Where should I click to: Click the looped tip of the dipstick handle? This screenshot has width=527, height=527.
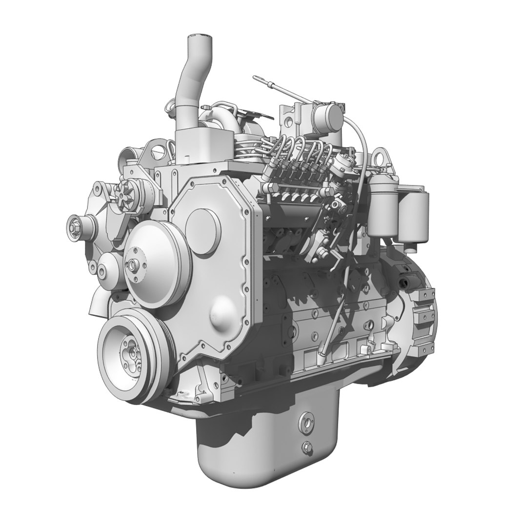click(255, 77)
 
